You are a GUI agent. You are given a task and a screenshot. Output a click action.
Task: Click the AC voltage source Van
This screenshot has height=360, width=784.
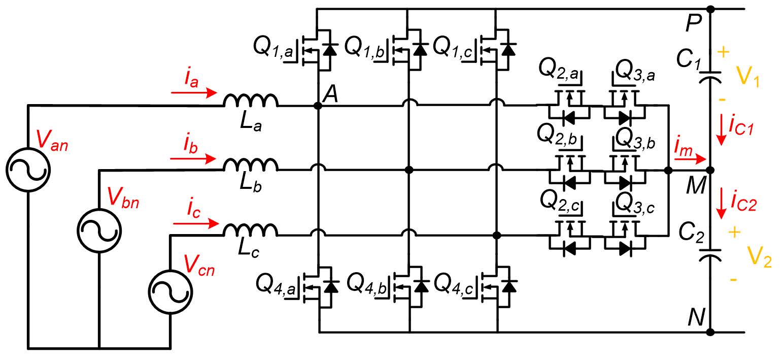pyautogui.click(x=28, y=170)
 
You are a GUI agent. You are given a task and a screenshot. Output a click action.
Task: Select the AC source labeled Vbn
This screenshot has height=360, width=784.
pyautogui.click(x=99, y=231)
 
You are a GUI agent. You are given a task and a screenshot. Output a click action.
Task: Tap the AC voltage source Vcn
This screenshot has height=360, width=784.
pyautogui.click(x=171, y=292)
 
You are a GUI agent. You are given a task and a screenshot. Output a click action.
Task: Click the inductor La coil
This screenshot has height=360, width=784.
pyautogui.click(x=251, y=100)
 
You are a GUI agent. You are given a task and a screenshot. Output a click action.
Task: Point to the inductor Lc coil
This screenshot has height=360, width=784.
pyautogui.click(x=251, y=230)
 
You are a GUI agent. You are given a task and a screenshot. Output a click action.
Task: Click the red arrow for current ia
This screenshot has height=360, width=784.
pyautogui.click(x=194, y=93)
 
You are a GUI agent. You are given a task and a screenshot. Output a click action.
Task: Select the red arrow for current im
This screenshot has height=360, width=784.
pyautogui.click(x=690, y=159)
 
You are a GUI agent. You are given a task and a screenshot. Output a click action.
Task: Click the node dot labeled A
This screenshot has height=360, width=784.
pyautogui.click(x=318, y=106)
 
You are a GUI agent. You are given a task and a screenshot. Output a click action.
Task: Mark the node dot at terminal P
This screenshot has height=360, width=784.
pyautogui.click(x=710, y=9)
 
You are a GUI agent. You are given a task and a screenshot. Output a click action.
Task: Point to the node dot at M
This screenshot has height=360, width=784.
pyautogui.click(x=710, y=171)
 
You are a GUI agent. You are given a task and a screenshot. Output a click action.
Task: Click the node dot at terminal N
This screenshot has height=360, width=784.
pyautogui.click(x=710, y=332)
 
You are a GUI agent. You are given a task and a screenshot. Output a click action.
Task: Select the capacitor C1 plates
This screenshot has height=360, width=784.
pyautogui.click(x=710, y=77)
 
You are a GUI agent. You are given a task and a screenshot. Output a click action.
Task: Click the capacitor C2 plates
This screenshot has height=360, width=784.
pyautogui.click(x=710, y=255)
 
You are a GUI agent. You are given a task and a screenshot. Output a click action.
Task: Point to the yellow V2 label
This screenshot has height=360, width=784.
pyautogui.click(x=759, y=257)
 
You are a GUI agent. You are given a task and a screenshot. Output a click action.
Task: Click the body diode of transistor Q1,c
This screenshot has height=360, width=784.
pyautogui.click(x=508, y=49)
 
